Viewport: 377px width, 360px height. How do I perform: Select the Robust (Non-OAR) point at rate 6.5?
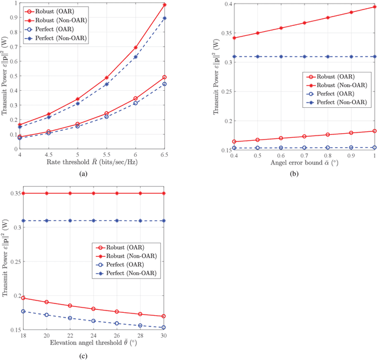coord(164,5)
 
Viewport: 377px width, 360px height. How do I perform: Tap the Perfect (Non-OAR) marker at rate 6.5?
coord(164,18)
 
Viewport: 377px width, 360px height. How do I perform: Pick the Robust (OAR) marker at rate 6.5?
coord(164,77)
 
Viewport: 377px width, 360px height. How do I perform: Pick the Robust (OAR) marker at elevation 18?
coord(23,298)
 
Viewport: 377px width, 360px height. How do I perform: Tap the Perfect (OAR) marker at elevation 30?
coord(164,328)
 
